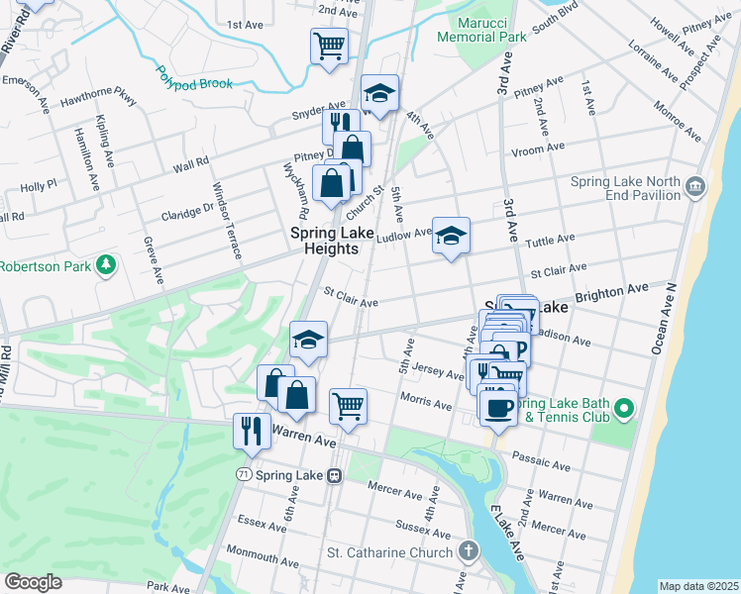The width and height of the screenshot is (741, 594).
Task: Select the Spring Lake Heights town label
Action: [324, 241]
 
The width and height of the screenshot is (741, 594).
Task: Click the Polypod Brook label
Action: [193, 77]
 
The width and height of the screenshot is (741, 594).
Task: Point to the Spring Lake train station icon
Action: [334, 476]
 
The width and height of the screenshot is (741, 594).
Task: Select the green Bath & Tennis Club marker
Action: [623, 408]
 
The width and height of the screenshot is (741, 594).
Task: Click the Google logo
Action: [32, 582]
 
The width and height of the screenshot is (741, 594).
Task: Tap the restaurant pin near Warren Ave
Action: [250, 430]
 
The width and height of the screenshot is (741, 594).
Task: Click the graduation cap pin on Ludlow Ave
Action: [451, 235]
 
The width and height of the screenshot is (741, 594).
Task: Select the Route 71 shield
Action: [243, 475]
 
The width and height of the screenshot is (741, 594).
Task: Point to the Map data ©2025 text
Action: [698, 586]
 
